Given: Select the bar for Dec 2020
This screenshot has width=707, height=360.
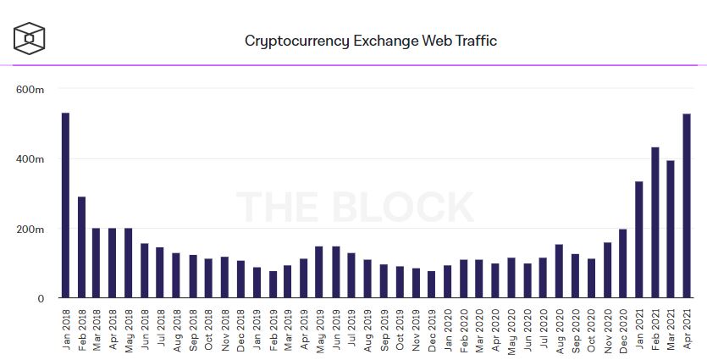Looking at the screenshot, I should [623, 263].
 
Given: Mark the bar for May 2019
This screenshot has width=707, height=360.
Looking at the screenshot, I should [319, 272].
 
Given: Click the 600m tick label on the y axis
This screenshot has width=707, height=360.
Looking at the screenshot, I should [31, 90].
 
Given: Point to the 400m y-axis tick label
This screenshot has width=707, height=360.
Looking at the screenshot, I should [31, 159].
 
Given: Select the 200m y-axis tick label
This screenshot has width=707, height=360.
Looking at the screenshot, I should [31, 230].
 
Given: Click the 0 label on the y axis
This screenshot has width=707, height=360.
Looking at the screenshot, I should [40, 299].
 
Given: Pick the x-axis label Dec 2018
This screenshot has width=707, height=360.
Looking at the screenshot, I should [240, 328].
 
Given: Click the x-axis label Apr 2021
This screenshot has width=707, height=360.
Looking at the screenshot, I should [688, 328].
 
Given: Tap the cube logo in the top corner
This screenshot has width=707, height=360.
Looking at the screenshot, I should [30, 38].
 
